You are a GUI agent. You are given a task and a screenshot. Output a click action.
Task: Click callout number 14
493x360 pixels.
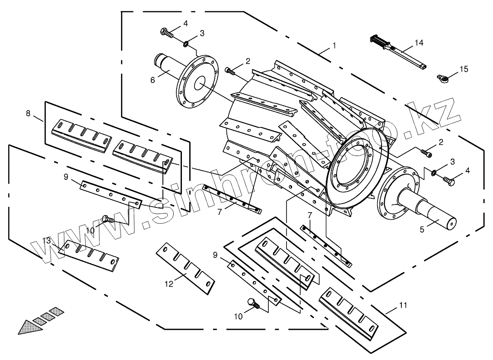419,43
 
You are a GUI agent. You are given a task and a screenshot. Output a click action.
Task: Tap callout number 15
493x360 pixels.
464,69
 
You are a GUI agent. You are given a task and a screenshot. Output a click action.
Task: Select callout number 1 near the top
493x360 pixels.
334,45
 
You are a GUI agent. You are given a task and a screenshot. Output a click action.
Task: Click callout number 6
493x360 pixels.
153,80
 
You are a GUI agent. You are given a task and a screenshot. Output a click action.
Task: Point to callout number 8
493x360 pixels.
28,114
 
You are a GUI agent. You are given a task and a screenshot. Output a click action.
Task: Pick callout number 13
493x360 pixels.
47,240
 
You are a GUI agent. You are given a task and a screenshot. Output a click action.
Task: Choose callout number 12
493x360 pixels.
169,284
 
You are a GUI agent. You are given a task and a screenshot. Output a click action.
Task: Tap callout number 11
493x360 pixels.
403,305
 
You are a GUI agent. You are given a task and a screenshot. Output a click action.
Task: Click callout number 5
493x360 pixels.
422,230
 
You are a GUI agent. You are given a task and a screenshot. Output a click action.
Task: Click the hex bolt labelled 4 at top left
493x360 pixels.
165,32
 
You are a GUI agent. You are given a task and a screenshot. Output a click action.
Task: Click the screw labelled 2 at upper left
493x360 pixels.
230,71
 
